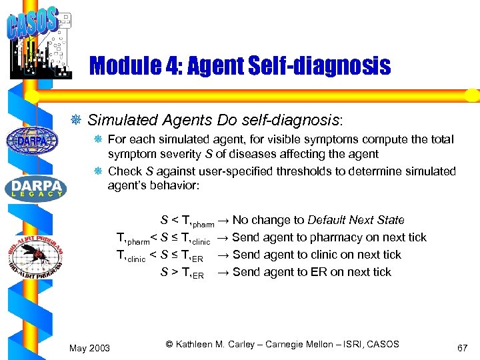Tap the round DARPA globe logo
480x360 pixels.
click(32, 141)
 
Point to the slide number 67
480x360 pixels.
click(463, 348)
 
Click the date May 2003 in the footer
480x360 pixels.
click(90, 348)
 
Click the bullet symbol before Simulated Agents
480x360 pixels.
click(77, 121)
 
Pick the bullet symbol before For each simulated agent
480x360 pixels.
click(98, 140)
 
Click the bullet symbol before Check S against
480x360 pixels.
click(98, 171)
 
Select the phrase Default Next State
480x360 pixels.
click(355, 220)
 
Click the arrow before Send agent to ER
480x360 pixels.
click(223, 272)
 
